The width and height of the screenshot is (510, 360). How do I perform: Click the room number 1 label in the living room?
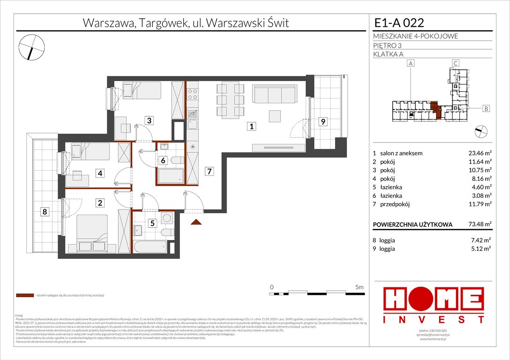(x=252, y=126)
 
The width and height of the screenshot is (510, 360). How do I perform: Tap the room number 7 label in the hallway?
(x=209, y=172)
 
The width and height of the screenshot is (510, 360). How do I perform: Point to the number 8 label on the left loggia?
(x=45, y=212)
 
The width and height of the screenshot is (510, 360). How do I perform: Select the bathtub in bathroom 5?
(x=150, y=247)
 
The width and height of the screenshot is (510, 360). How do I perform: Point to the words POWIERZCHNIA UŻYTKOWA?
(x=412, y=225)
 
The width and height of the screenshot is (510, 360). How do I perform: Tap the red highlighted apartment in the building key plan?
(x=435, y=111)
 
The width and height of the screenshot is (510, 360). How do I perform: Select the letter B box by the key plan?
(x=486, y=109)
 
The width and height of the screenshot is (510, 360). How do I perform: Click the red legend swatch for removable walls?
(x=24, y=296)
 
